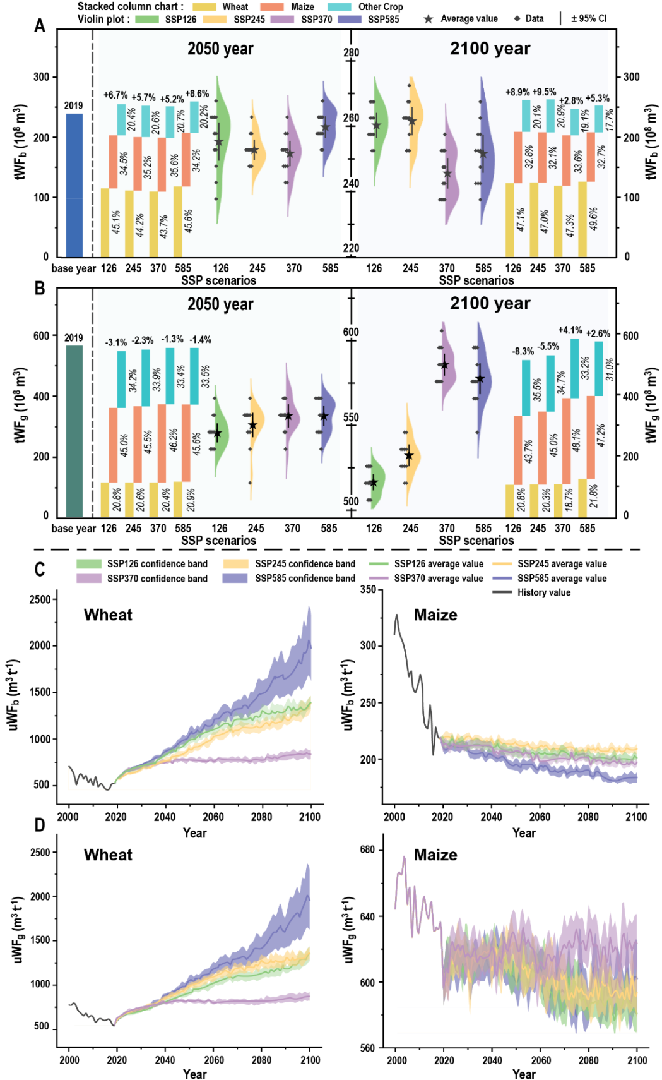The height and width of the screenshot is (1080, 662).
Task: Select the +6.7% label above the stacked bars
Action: click(115, 95)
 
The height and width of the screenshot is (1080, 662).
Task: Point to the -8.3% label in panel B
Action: click(523, 351)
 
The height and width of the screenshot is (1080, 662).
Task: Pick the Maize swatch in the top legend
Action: click(273, 7)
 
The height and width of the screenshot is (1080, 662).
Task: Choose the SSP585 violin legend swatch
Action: click(350, 19)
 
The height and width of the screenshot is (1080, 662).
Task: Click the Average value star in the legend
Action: click(429, 19)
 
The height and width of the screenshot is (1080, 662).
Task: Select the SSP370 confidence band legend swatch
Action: click(89, 578)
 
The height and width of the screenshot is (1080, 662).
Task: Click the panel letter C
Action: click(40, 570)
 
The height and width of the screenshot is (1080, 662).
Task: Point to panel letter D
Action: click(40, 825)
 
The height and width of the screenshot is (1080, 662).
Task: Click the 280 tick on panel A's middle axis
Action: click(352, 52)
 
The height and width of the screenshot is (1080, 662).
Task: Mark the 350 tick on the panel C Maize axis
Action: click(368, 589)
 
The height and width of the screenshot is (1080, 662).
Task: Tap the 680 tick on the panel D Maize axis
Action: click(368, 850)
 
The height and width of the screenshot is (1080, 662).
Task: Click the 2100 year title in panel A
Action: click(490, 49)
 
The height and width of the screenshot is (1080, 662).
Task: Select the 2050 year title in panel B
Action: click(220, 304)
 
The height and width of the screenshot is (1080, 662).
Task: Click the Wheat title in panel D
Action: click(108, 855)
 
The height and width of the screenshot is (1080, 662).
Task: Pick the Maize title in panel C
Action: click(435, 615)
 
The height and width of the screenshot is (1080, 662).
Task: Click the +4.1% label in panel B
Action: click(570, 330)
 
